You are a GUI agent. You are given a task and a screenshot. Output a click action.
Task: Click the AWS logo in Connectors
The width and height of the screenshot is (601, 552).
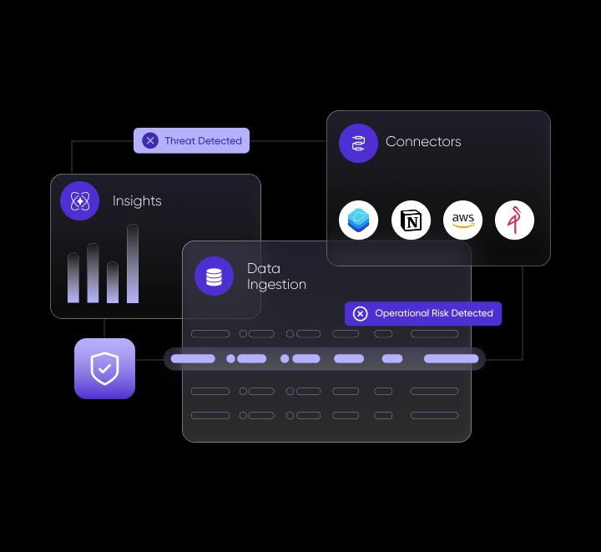(x=462, y=220)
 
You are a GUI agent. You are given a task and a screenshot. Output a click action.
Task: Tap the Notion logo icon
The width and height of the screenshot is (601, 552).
(x=411, y=220)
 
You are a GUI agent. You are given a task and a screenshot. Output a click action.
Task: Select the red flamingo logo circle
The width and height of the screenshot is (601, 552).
(x=514, y=220)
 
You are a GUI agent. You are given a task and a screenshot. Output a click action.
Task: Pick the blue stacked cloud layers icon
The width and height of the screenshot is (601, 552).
(x=358, y=220)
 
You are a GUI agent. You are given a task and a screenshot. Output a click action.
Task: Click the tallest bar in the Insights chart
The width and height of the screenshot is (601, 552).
(x=133, y=264)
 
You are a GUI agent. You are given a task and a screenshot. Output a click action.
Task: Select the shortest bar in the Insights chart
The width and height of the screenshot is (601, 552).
(x=113, y=282)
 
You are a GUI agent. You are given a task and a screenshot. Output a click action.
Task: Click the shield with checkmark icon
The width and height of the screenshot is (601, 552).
(x=104, y=368)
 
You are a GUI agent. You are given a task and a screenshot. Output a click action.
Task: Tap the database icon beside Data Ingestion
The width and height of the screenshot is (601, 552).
(x=214, y=276)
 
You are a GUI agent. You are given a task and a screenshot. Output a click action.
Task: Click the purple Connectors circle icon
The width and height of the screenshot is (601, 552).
(x=358, y=143)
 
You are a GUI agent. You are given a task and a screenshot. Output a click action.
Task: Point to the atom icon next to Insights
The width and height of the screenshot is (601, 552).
(x=80, y=201)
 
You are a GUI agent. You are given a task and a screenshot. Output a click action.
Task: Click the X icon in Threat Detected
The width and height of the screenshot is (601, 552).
(x=150, y=140)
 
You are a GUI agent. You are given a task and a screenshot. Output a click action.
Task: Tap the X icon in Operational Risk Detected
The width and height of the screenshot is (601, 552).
(x=361, y=313)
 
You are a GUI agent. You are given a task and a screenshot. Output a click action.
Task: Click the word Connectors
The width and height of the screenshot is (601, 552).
(x=423, y=141)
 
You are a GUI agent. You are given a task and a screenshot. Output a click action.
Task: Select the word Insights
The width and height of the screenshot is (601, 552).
(x=137, y=201)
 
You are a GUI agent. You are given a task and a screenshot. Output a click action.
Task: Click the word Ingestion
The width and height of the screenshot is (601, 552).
(x=276, y=285)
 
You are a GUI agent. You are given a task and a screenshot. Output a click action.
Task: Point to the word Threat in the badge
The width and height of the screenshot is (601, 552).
(x=180, y=140)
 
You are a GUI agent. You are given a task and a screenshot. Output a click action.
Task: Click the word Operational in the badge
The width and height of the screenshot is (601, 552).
(x=402, y=313)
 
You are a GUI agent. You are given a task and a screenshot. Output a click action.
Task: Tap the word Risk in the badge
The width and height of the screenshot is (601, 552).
(x=440, y=313)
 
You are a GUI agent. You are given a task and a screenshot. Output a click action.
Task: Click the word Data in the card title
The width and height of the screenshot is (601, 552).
(x=264, y=268)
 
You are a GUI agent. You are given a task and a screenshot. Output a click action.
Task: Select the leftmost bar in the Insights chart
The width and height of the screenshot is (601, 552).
(x=73, y=278)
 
